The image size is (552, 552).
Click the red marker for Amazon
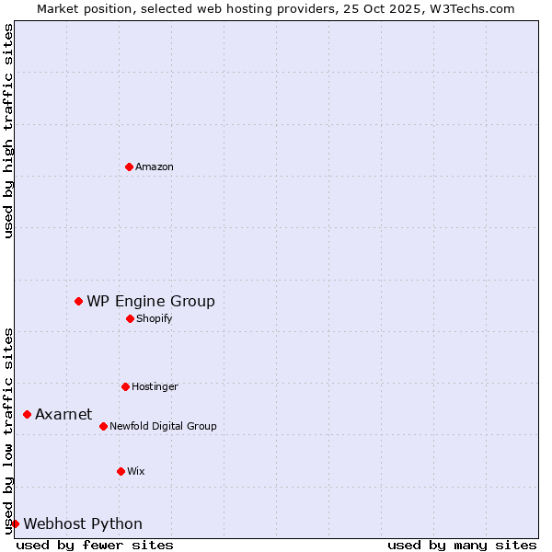129,167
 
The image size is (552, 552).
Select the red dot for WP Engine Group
78,301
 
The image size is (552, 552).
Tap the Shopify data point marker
130,318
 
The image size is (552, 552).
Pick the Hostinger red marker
125,386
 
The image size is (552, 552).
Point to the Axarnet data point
27,414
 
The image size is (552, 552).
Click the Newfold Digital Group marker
103,426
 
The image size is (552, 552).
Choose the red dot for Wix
121,471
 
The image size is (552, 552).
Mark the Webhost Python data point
15,523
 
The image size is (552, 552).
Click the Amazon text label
155,167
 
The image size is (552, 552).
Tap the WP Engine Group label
151,301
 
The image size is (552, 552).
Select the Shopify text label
154,318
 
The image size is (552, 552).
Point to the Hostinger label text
155,386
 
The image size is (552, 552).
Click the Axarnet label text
63,414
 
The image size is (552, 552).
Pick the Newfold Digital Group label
163,426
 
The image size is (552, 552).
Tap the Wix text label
136,471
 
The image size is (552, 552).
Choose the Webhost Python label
83,523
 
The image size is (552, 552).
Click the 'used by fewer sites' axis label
95,545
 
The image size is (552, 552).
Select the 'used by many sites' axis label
462,545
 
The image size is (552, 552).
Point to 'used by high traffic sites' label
8,131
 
